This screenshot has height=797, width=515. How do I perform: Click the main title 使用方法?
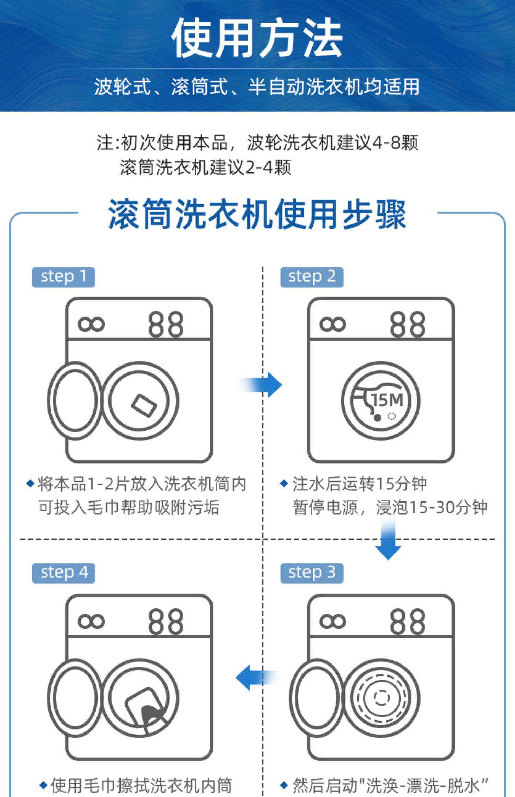[x=257, y=37]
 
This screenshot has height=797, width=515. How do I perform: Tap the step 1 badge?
[x=64, y=277]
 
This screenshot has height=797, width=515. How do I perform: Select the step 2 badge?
[x=312, y=277]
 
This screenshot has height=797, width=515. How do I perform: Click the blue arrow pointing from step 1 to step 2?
[x=261, y=385]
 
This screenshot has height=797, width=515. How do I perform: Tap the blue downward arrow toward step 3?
[x=388, y=539]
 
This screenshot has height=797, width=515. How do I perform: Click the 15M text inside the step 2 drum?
[x=387, y=400]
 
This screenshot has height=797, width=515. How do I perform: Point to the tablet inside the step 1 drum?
[x=144, y=406]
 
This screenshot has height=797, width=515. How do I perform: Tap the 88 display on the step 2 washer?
[x=408, y=324]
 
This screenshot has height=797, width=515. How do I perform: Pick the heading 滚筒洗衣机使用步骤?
[x=257, y=214]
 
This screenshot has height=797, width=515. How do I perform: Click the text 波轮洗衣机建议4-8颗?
[x=333, y=142]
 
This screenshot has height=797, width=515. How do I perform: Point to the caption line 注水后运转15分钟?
[x=359, y=484]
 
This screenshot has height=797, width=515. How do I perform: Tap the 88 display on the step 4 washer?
[x=166, y=621]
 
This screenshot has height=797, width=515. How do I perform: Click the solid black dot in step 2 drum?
[x=377, y=417]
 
